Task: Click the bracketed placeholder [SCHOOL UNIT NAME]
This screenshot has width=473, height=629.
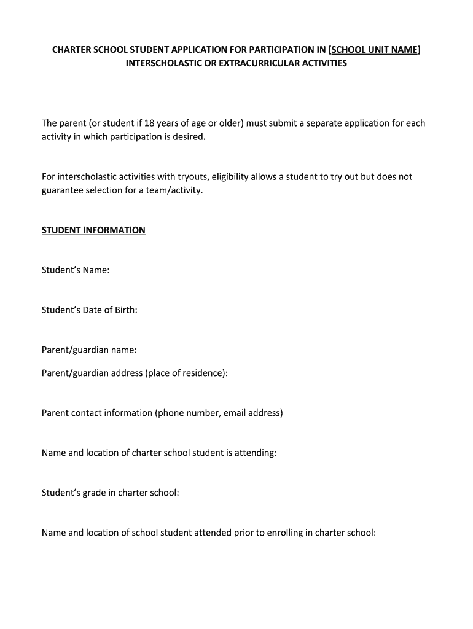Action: point(375,50)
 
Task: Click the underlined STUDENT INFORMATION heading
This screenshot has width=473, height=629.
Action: point(93,230)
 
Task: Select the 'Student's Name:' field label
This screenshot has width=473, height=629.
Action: point(76,270)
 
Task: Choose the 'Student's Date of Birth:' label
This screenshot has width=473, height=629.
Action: point(89,310)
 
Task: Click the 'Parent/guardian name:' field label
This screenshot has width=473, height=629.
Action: point(89,350)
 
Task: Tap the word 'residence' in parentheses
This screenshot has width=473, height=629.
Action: point(203,373)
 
